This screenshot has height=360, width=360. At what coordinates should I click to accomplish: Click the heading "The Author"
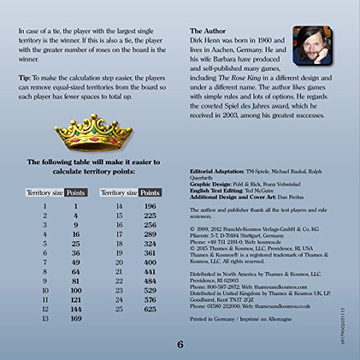point(210,32)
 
